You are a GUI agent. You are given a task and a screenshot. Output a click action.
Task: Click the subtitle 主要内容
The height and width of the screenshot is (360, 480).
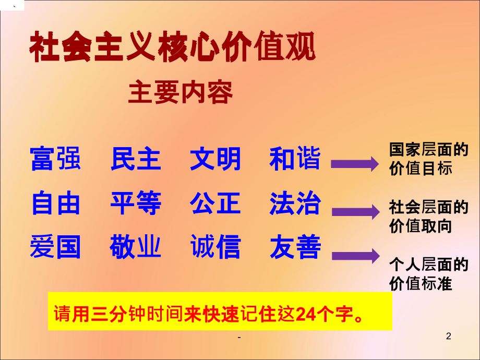181,93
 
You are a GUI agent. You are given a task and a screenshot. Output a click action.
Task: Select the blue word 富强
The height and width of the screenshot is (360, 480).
56,159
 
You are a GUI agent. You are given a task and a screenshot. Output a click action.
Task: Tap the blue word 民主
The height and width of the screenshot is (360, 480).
136,159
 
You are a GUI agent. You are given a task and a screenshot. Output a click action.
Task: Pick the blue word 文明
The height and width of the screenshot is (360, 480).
215,159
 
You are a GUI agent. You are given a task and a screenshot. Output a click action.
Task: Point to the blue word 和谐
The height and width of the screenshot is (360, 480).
295,159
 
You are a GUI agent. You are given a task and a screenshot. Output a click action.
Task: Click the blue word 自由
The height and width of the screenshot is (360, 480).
56,203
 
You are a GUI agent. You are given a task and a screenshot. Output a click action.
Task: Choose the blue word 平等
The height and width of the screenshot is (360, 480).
136,203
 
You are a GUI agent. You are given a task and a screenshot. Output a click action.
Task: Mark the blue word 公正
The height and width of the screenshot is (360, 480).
215,203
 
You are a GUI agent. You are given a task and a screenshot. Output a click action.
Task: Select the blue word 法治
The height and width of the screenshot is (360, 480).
295,203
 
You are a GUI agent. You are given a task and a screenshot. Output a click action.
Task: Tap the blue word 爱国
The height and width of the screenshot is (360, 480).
56,247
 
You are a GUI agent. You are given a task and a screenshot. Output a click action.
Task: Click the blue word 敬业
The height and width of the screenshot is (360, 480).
136,247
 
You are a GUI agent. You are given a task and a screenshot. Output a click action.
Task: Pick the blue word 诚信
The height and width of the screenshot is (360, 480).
215,247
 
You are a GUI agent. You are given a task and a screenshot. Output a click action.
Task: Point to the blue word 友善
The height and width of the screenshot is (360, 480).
295,247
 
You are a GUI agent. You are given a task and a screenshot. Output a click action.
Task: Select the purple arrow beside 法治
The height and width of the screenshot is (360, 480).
354,211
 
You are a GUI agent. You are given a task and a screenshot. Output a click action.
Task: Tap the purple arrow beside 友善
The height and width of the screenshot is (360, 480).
354,255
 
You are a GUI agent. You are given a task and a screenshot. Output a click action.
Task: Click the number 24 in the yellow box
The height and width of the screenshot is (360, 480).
305,315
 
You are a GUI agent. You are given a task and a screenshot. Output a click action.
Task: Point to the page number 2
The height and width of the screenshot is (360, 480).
448,337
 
